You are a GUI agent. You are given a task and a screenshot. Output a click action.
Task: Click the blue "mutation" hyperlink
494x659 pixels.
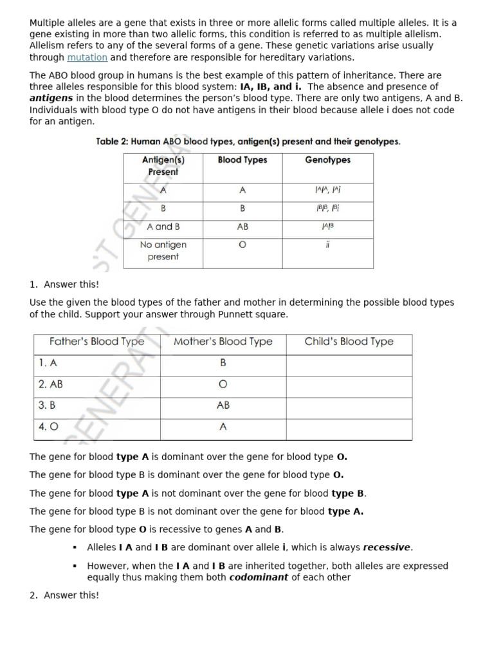pos(87,57)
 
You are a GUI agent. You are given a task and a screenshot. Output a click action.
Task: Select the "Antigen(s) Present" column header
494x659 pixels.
pos(163,166)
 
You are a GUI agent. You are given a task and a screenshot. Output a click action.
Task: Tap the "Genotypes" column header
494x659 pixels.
pos(327,160)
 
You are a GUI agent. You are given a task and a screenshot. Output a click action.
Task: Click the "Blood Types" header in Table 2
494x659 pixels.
pos(242,160)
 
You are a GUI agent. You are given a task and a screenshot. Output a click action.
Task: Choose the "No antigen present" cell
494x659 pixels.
pos(163,250)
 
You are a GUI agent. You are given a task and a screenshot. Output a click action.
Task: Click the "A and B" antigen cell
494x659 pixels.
pos(163,227)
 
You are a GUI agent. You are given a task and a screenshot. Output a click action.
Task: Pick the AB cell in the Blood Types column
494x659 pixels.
pos(242,227)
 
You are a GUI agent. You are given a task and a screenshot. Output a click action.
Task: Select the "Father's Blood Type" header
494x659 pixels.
pos(96,342)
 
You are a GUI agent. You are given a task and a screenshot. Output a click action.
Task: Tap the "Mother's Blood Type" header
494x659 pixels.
pos(223,342)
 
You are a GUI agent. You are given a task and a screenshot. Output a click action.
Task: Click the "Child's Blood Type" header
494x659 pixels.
pos(349,342)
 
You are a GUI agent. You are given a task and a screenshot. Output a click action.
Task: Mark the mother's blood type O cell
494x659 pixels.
pos(223,384)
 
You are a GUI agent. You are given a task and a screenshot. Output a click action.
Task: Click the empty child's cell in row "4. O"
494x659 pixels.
pos(349,427)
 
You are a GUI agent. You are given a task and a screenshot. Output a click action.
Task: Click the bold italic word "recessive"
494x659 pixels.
pos(387,548)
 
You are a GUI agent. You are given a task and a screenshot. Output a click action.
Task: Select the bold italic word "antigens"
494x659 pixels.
pos(51,98)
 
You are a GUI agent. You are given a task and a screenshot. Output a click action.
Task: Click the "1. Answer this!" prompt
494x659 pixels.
pos(64,284)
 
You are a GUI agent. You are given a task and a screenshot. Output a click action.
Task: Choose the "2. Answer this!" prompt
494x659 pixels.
pos(64,595)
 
